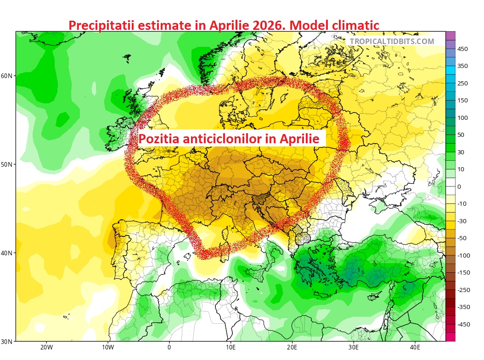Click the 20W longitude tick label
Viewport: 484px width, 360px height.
click(46, 348)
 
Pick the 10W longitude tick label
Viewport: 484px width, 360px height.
click(108, 348)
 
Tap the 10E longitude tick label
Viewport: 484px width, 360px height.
click(231, 348)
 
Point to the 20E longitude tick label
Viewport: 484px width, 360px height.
click(292, 348)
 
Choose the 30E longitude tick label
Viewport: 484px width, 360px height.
click(354, 348)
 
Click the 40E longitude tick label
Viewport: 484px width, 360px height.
click(415, 348)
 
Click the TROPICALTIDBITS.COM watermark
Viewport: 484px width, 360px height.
click(392, 41)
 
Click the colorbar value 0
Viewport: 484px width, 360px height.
click(459, 186)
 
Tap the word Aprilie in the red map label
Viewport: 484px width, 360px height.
click(298, 138)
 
